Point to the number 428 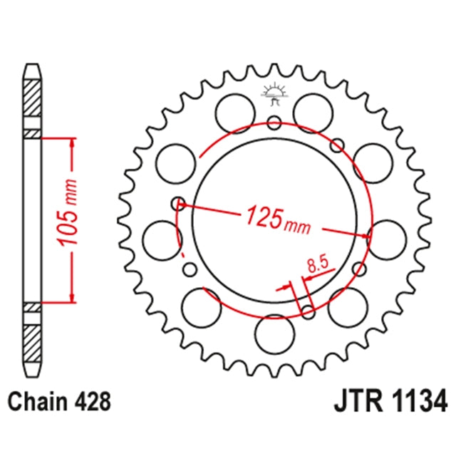tap(93, 400)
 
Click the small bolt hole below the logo tap(274, 123)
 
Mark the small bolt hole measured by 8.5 tap(308, 309)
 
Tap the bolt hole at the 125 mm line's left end tap(178, 204)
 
